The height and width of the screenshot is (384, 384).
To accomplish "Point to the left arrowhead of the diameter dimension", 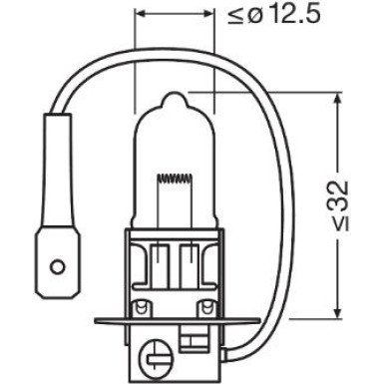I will click(x=140, y=16).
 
